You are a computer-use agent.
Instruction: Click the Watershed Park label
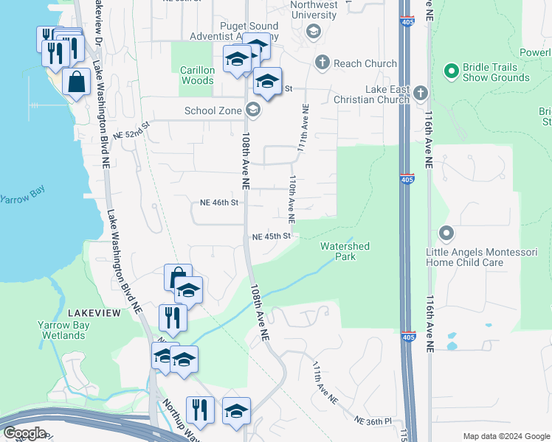coord(345,251)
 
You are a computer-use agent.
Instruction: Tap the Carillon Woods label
coord(197,75)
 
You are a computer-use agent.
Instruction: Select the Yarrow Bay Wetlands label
coord(62,330)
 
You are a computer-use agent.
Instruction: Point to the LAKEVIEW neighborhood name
coord(94,313)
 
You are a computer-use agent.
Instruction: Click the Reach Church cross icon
coord(322,63)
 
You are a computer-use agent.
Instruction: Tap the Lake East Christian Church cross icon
coord(421,93)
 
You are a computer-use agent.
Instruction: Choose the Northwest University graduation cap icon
coord(313,31)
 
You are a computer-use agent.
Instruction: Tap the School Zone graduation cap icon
coord(253,110)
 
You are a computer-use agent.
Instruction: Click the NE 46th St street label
coord(219,202)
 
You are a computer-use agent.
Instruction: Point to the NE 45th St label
coord(272,236)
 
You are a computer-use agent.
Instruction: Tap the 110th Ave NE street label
coord(292,199)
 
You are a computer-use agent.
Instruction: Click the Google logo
coord(24,433)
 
